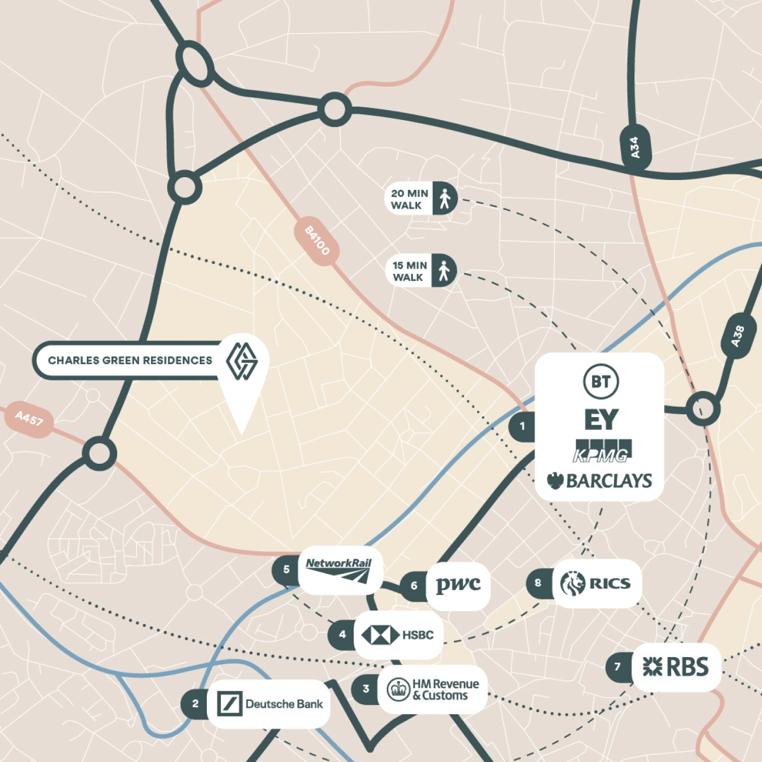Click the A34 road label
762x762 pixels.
click(x=635, y=147)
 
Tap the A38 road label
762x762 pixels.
click(x=738, y=337)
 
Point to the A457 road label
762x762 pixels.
click(x=29, y=418)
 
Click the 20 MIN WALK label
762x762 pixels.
click(x=409, y=199)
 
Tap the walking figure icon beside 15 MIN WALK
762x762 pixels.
click(x=444, y=271)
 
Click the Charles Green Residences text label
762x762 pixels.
click(x=130, y=361)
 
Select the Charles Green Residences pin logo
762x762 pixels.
click(x=242, y=361)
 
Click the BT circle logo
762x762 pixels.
click(x=601, y=382)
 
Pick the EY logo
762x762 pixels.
click(x=601, y=419)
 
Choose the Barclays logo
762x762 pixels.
click(x=599, y=481)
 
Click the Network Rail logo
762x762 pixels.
click(x=339, y=570)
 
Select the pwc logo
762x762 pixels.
click(x=458, y=584)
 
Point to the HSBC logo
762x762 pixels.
click(x=397, y=634)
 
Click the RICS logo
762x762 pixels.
click(x=595, y=583)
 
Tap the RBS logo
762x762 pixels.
click(x=676, y=667)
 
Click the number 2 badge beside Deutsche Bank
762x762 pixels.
click(x=195, y=704)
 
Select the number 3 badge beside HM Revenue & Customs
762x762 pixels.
click(x=366, y=689)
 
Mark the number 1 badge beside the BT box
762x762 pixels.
click(x=522, y=426)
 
